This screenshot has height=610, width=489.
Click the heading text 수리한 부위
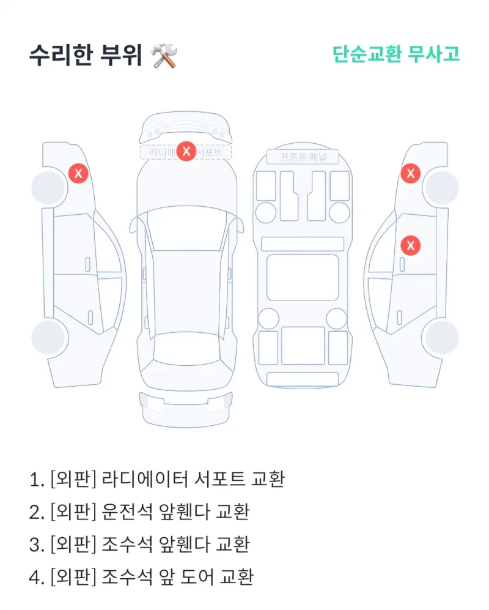click(x=85, y=56)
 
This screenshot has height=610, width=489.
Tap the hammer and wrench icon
click(x=164, y=56)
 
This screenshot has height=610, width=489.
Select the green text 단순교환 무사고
click(x=395, y=54)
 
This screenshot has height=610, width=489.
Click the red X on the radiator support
click(x=186, y=151)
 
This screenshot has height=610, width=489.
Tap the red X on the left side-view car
click(x=78, y=173)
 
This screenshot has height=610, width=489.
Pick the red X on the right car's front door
click(x=410, y=245)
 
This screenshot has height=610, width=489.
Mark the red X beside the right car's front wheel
click(x=410, y=173)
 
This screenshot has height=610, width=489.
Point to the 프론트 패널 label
click(x=303, y=157)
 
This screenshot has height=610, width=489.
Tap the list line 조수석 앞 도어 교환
click(x=141, y=576)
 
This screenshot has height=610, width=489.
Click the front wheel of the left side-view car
click(x=49, y=188)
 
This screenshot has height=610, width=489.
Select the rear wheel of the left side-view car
click(x=49, y=337)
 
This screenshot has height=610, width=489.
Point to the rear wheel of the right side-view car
click(x=441, y=337)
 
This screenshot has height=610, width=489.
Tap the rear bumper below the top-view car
click(x=186, y=407)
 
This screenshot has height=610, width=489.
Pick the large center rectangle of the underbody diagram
click(x=303, y=277)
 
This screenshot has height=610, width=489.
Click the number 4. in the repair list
click(x=37, y=576)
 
